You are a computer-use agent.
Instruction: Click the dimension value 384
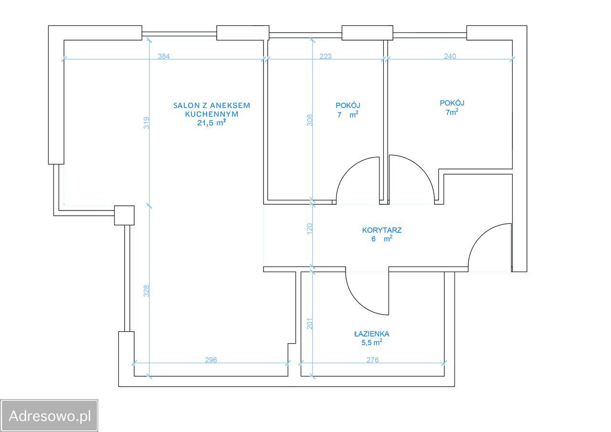pyautogui.click(x=164, y=56)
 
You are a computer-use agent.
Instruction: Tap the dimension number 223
pyautogui.click(x=326, y=56)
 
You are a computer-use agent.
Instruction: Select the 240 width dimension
pyautogui.click(x=450, y=56)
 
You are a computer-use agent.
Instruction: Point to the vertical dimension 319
pyautogui.click(x=147, y=123)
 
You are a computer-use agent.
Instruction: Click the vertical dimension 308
pyautogui.click(x=310, y=120)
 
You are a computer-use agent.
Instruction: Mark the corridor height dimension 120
pyautogui.click(x=310, y=229)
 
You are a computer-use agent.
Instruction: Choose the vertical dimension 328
pyautogui.click(x=147, y=291)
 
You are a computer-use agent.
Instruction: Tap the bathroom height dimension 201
pyautogui.click(x=310, y=324)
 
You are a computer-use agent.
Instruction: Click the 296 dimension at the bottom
pyautogui.click(x=211, y=360)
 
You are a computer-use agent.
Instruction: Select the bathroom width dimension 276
pyautogui.click(x=372, y=360)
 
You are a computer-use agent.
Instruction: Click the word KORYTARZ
pyautogui.click(x=381, y=230)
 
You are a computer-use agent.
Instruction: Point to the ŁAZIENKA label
pyautogui.click(x=371, y=334)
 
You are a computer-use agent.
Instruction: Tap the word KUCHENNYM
pyautogui.click(x=211, y=114)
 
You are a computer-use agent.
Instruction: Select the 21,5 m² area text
pyautogui.click(x=211, y=123)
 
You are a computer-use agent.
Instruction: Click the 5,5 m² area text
pyautogui.click(x=371, y=342)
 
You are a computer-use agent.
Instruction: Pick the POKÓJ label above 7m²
pyautogui.click(x=452, y=103)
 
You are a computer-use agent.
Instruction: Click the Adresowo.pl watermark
pyautogui.click(x=49, y=416)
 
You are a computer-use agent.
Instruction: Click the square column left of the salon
pyautogui.click(x=124, y=215)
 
